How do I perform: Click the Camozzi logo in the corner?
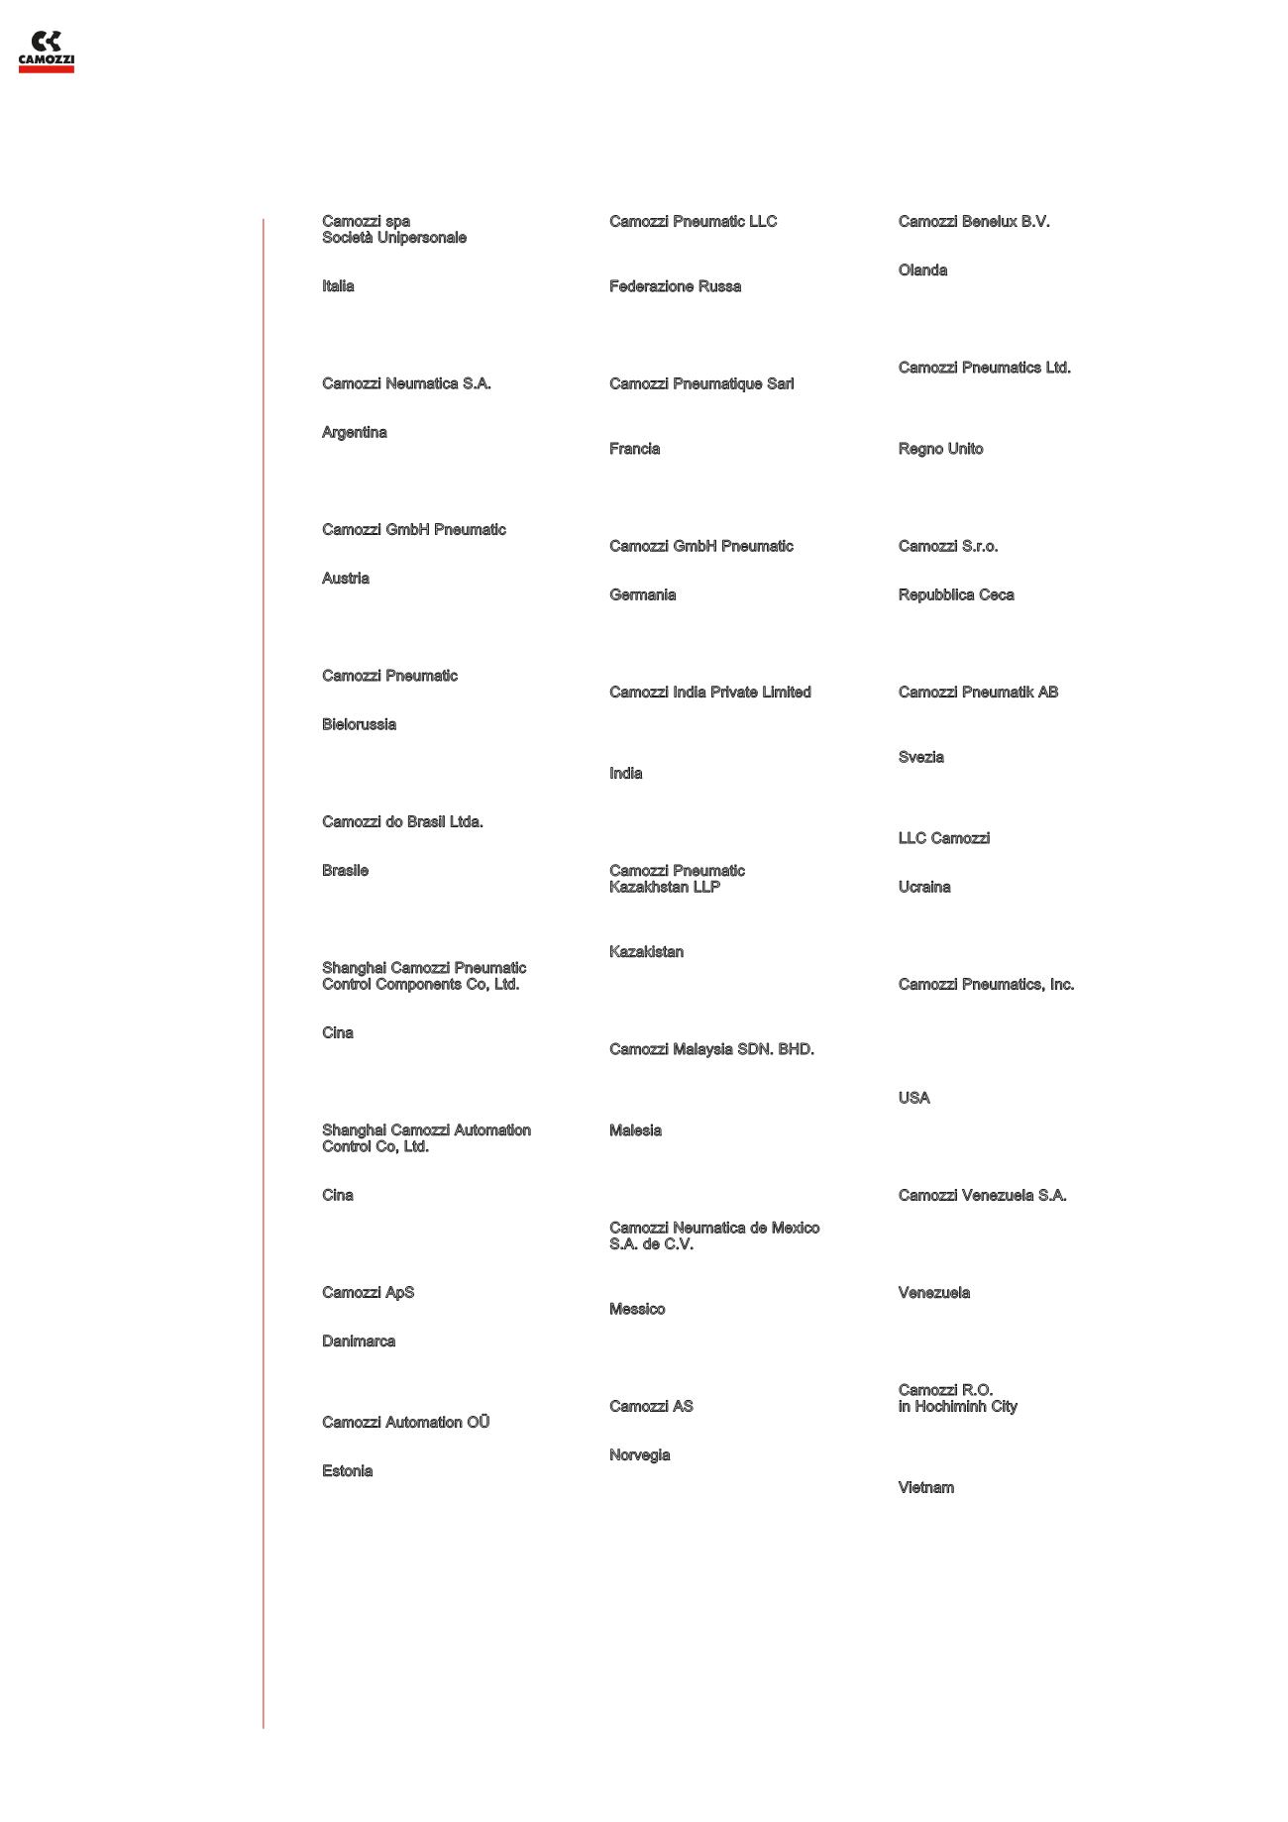pos(46,52)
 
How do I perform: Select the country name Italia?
pos(338,286)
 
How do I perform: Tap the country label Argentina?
pos(354,432)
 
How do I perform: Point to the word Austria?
pos(345,579)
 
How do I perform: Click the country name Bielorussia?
pos(359,724)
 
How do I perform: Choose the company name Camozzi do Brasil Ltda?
pos(402,821)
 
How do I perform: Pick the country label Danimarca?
pos(358,1341)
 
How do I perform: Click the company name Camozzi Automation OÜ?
pos(405,1423)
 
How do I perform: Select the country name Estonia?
pos(347,1471)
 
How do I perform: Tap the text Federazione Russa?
pos(675,286)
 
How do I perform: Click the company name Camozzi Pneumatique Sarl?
pos(701,383)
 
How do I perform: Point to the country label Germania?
pos(642,594)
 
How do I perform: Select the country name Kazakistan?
pos(646,952)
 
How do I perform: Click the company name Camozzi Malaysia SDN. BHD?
pos(711,1049)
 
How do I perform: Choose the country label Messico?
pos(637,1309)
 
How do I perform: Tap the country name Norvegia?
pos(639,1455)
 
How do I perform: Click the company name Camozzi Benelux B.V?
pos(973,221)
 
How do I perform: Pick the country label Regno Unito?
pos(940,449)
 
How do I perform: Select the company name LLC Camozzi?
pos(943,838)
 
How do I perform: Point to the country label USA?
pos(913,1098)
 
